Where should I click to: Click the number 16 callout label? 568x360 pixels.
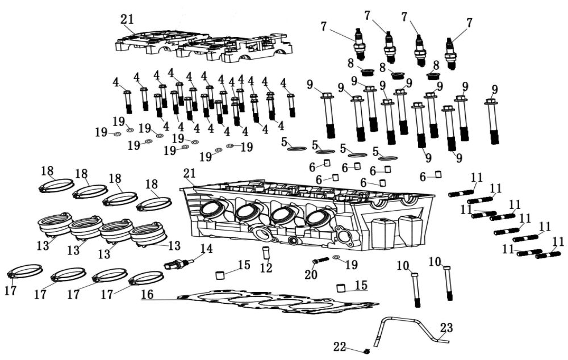pos(147,294)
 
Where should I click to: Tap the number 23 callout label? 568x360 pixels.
pos(447,328)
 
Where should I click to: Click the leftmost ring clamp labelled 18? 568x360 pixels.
pos(56,185)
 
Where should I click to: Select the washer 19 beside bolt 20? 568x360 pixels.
pos(337,257)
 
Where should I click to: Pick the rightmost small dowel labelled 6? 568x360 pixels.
pos(438,174)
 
